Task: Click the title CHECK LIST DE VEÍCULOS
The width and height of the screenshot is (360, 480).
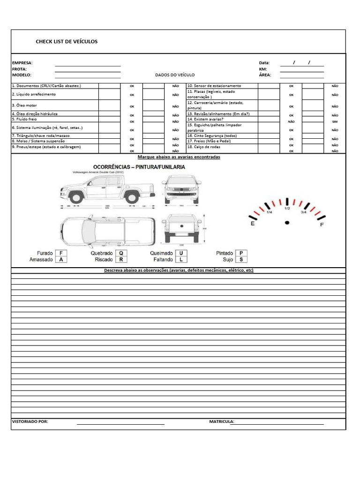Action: tap(67, 42)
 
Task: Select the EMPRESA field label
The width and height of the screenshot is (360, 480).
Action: tap(22, 63)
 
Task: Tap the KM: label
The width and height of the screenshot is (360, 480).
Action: tap(262, 69)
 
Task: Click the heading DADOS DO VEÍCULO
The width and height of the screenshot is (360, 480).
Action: tap(175, 75)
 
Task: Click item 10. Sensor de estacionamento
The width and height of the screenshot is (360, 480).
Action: tap(214, 86)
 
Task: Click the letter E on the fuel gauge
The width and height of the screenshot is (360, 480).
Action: tap(253, 224)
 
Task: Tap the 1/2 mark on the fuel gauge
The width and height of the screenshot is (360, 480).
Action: tap(287, 209)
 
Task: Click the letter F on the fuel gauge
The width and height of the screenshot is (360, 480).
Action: tap(322, 225)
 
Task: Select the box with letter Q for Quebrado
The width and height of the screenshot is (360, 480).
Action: tap(121, 253)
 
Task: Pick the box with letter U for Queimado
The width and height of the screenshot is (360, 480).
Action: tap(181, 253)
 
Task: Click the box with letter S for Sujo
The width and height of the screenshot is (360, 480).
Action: tap(241, 259)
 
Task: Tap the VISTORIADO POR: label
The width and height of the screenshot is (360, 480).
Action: tap(30, 421)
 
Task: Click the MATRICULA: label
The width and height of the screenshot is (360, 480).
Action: tap(221, 421)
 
